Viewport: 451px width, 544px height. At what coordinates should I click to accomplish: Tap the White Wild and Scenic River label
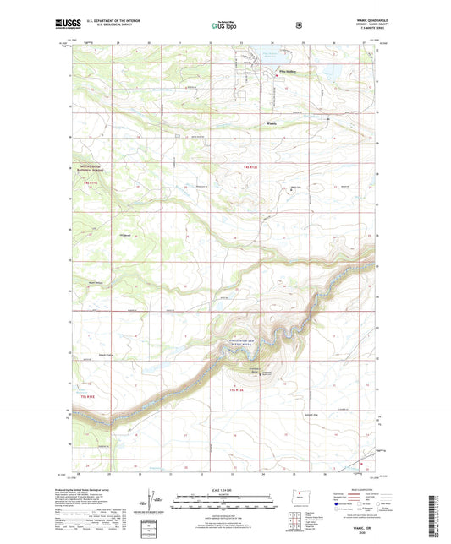241,341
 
